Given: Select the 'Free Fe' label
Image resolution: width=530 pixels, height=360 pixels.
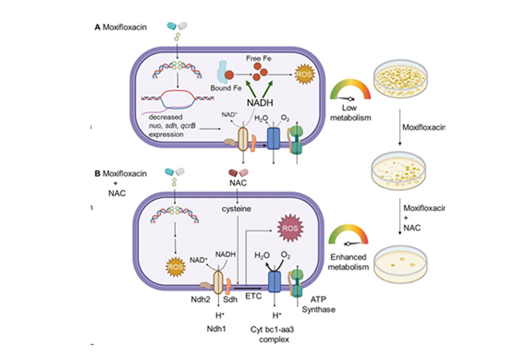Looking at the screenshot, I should tap(259, 58).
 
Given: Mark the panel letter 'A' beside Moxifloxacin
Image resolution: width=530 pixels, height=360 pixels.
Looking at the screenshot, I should tap(97, 27).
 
